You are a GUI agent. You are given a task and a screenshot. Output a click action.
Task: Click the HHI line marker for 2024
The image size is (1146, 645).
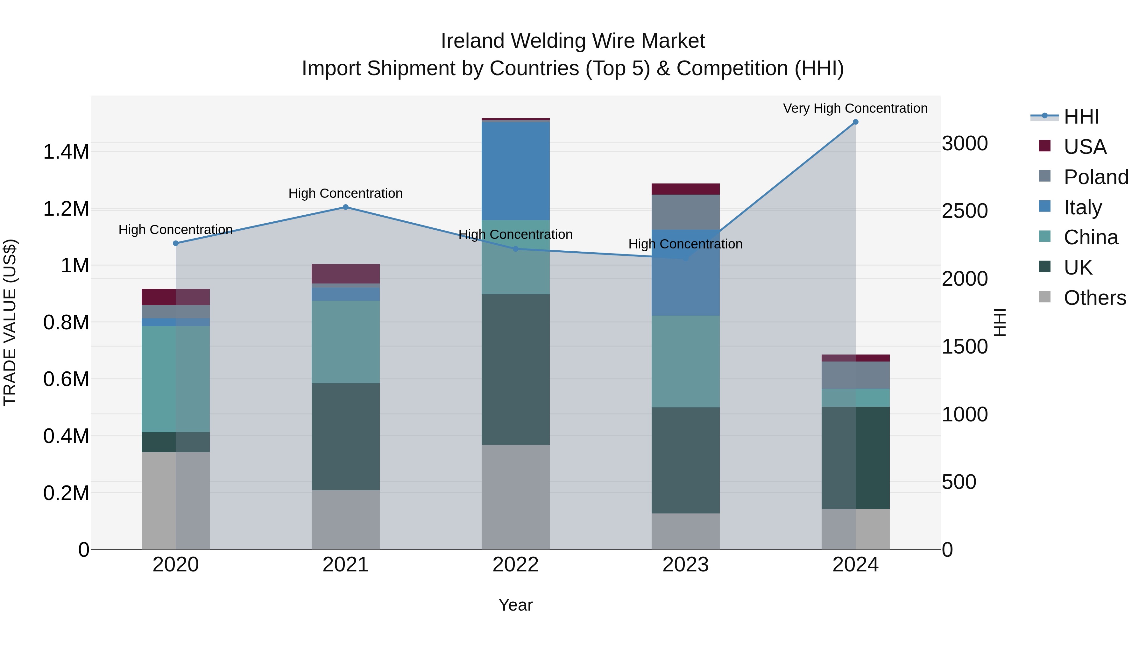coord(855,122)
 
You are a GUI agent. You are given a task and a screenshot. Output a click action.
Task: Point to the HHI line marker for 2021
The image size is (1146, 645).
coord(346,207)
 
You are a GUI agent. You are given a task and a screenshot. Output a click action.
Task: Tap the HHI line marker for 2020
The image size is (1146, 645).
coord(176,243)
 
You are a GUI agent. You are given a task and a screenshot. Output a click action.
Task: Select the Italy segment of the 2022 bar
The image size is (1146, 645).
coord(516,171)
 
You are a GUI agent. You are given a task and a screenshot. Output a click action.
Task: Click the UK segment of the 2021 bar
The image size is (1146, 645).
coord(346,437)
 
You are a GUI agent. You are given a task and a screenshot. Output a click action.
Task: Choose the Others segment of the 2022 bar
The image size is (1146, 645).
coord(516,497)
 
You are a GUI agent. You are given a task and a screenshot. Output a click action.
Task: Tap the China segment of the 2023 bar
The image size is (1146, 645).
coord(686,362)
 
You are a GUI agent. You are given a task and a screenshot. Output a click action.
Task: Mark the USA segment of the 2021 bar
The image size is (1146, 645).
coord(346,274)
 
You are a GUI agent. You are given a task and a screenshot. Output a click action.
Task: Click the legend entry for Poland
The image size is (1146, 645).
coord(1096,177)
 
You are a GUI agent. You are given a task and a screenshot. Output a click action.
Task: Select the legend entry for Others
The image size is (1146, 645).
coord(1094,298)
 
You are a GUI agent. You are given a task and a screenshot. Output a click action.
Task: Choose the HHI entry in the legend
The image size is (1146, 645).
coord(1081,117)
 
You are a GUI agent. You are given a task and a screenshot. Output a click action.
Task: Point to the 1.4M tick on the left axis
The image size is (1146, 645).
coord(66,152)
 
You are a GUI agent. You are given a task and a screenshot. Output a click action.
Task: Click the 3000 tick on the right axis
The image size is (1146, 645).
coord(965,144)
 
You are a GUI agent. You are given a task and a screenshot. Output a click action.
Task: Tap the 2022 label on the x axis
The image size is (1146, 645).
coord(516,565)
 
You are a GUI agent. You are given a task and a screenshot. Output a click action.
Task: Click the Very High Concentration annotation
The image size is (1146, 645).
coord(855,109)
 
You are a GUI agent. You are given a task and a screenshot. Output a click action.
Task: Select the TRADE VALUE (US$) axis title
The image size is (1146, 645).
coord(10,322)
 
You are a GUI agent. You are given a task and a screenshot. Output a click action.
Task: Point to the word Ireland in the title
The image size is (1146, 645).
coord(472,41)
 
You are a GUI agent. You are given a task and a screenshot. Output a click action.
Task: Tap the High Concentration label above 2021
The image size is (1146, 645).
coord(346,194)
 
